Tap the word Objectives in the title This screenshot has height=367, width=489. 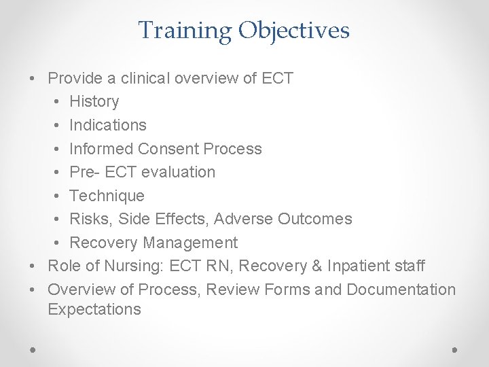pos(294,31)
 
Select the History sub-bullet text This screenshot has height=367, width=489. pos(94,102)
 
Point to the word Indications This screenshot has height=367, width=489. pos(108,125)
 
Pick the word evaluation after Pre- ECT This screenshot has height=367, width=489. pos(178,172)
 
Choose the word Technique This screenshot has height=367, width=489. pos(107,196)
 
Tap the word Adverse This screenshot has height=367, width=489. pos(249,219)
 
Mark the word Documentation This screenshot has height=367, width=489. pos(401,290)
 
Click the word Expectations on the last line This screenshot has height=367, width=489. pos(94,310)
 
